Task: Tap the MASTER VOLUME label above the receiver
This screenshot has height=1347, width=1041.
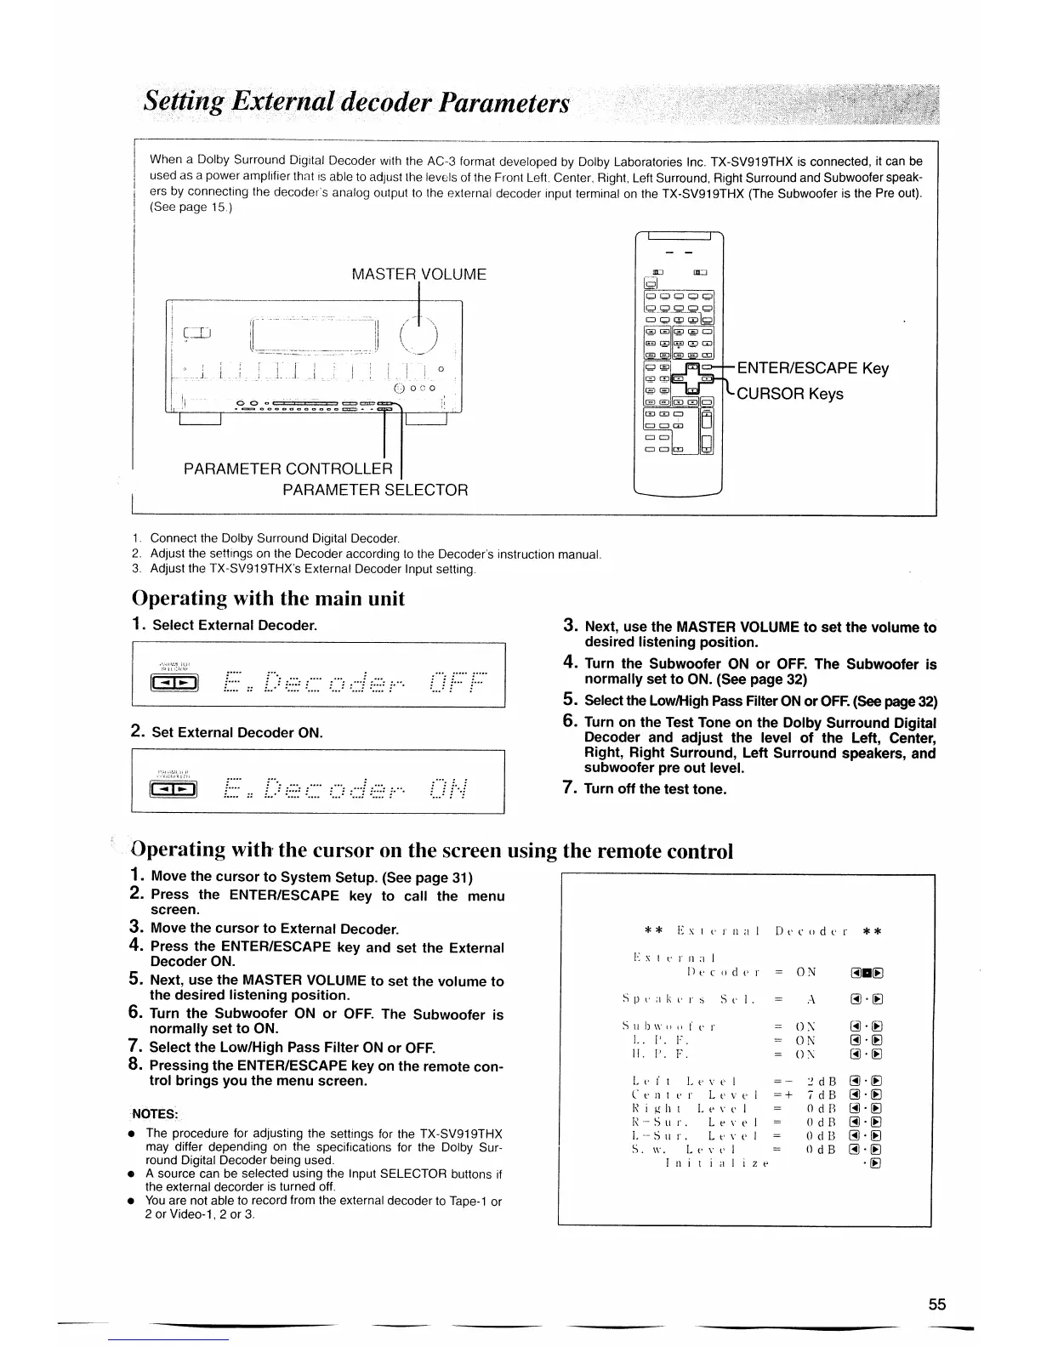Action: (418, 275)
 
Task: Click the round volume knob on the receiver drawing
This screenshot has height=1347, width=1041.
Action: (418, 332)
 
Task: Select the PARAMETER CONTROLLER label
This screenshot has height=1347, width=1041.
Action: (288, 469)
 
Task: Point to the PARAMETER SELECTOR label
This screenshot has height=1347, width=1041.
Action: (375, 491)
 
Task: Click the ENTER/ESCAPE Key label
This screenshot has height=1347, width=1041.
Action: (812, 368)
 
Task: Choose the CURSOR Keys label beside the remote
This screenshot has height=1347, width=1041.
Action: (790, 394)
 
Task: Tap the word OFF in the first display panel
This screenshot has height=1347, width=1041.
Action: (458, 681)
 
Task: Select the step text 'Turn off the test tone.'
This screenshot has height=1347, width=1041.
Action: (656, 789)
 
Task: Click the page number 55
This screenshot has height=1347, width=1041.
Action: (937, 1305)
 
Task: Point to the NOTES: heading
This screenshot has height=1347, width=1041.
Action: (154, 1115)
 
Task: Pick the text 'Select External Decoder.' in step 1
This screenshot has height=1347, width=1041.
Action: (235, 625)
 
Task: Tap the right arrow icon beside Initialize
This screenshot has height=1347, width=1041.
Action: (876, 1162)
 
